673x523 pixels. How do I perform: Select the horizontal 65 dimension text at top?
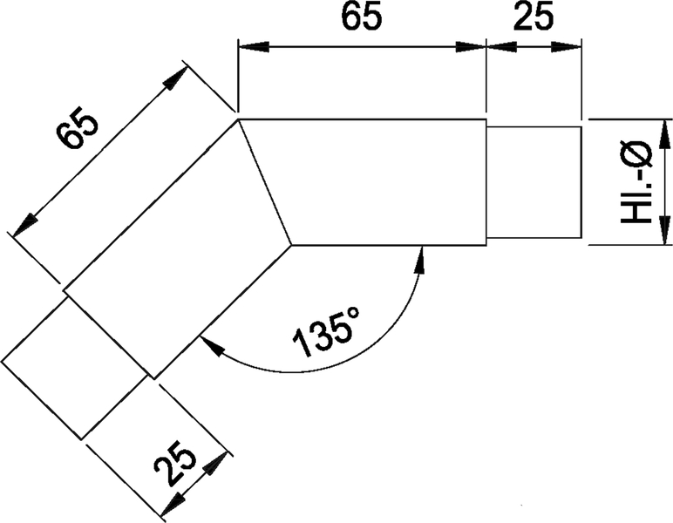click(x=360, y=19)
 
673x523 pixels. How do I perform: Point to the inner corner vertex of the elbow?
click(x=291, y=245)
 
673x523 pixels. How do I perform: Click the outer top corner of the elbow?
click(x=238, y=119)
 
